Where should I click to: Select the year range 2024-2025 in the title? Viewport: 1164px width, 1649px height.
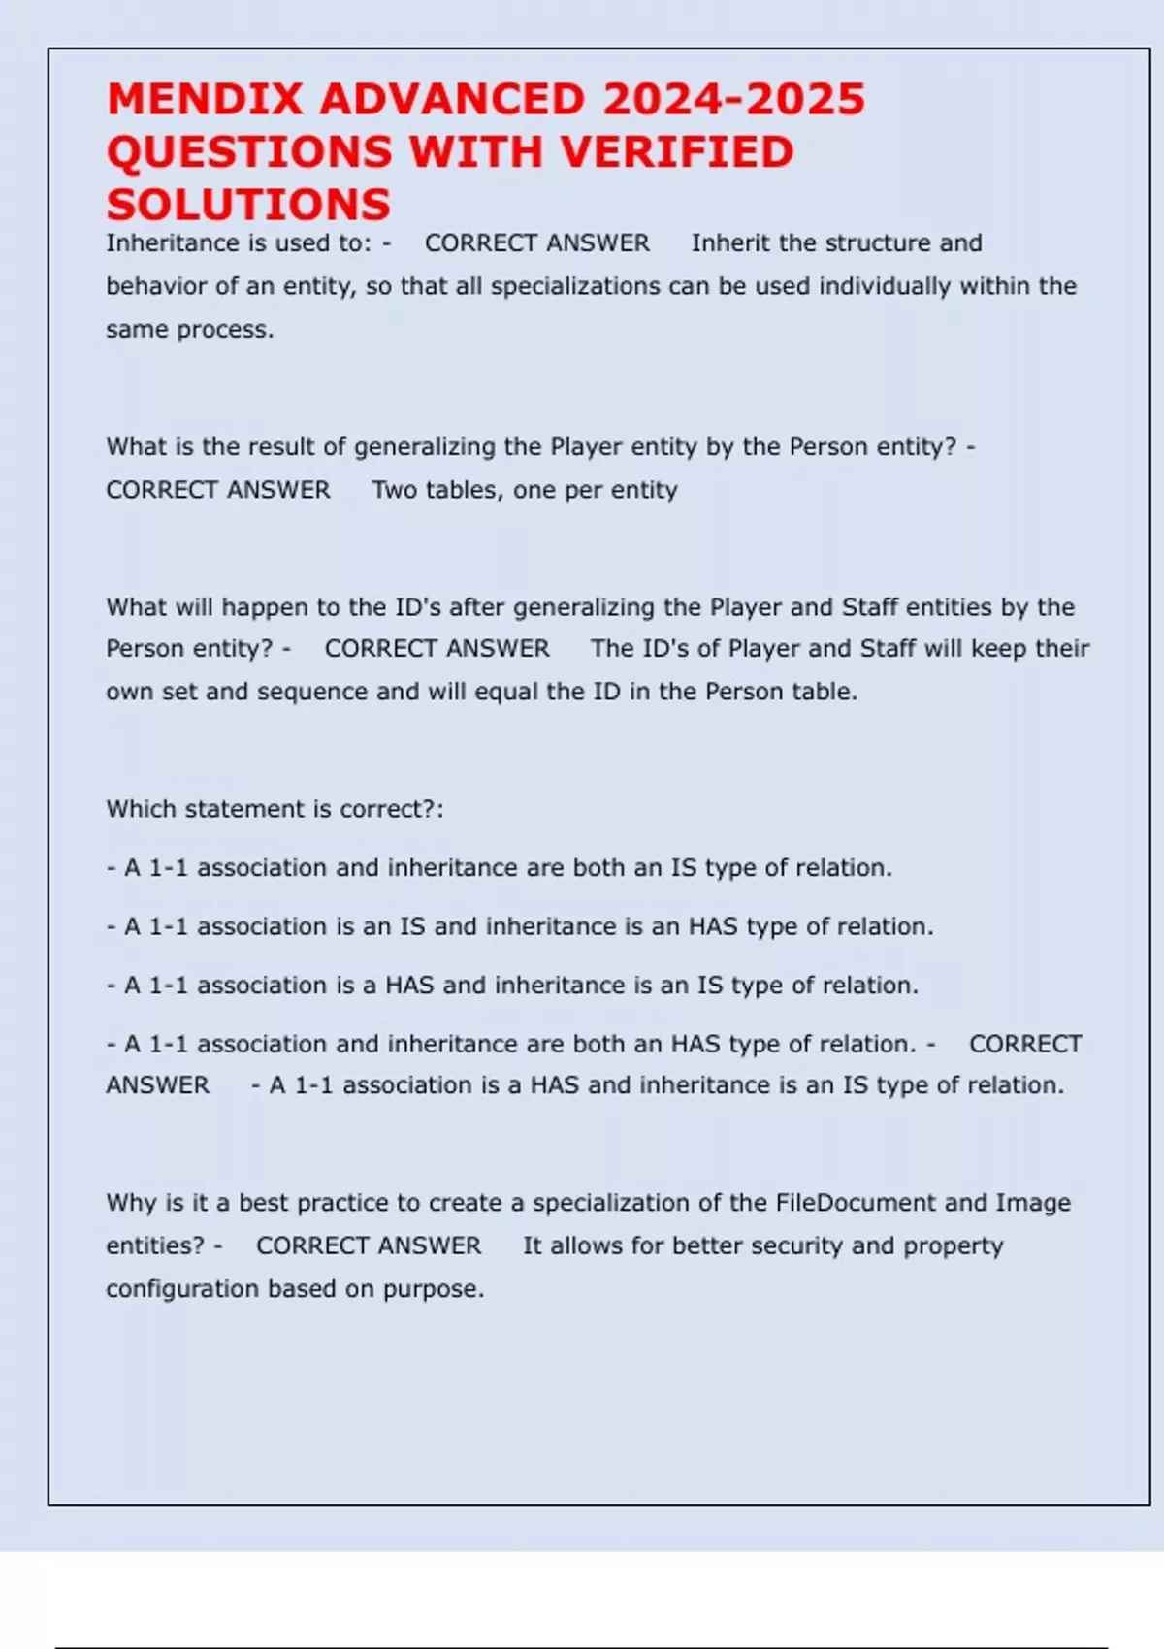(x=733, y=100)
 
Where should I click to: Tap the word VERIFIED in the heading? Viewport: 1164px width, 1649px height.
(x=678, y=152)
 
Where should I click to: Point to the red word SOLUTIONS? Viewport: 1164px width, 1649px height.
(x=248, y=205)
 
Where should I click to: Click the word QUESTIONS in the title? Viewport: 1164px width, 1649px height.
(x=249, y=152)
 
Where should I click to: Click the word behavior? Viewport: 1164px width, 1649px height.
(x=154, y=286)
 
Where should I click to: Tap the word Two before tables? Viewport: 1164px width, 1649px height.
(x=395, y=490)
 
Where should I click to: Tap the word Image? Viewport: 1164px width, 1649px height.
(x=1033, y=1203)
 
